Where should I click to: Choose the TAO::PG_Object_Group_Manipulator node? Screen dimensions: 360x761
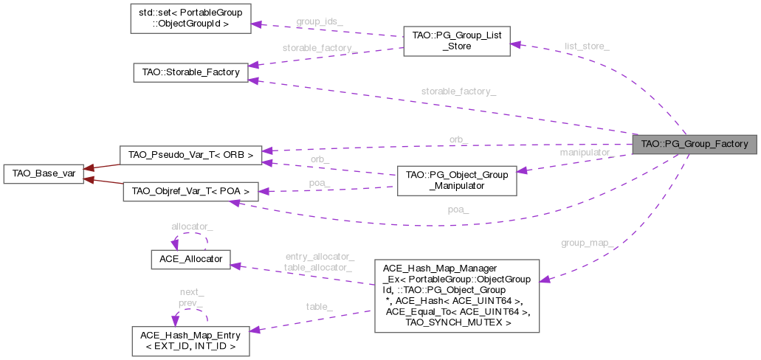click(455, 181)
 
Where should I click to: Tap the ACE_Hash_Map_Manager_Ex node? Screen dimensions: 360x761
click(455, 294)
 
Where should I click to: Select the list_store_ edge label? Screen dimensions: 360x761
click(587, 46)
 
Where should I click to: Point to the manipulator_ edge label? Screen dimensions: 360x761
click(587, 153)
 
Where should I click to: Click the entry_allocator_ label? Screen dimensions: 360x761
click(319, 256)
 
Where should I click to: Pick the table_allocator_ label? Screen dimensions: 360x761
click(319, 266)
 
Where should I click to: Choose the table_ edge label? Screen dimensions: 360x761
click(319, 305)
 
